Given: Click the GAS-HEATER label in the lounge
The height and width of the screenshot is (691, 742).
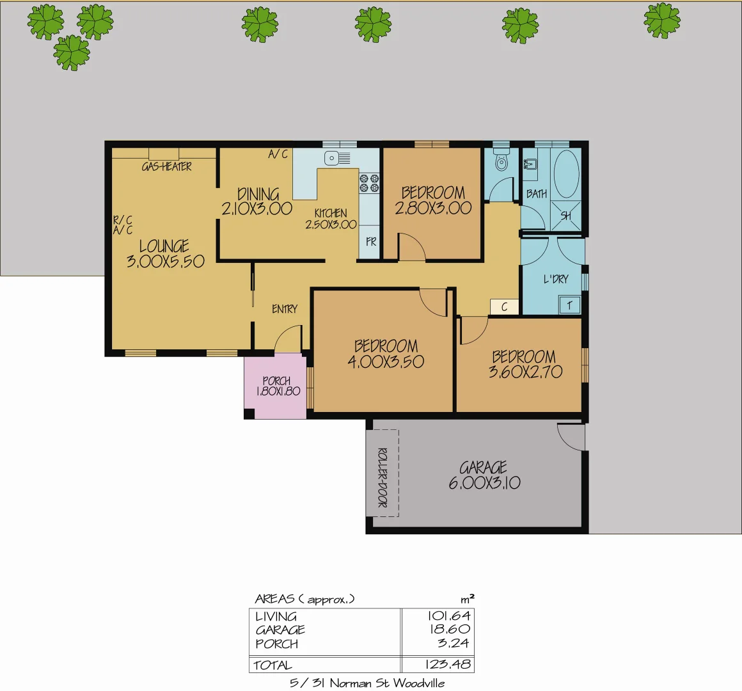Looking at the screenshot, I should (x=166, y=166).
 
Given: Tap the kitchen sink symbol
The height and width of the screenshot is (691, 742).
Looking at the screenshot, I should (x=337, y=158).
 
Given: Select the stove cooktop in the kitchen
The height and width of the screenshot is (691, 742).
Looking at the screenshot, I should (x=370, y=183).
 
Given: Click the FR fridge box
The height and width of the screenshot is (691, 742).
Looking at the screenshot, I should (x=371, y=242).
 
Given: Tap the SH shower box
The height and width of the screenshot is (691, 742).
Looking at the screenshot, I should (x=566, y=216).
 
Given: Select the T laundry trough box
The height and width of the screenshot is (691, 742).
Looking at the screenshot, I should (x=569, y=305).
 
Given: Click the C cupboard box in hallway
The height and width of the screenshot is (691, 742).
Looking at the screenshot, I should (x=504, y=307).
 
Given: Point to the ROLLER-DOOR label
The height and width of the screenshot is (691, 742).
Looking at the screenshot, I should (x=383, y=477).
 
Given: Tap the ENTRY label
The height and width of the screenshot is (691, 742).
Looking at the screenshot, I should (x=285, y=309).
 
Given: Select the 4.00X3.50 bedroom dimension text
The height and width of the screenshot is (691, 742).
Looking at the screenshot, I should (x=386, y=361).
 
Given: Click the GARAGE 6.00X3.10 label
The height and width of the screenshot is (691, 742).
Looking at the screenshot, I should (x=484, y=475).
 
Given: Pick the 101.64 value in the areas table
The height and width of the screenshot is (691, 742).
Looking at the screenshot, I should (x=449, y=616).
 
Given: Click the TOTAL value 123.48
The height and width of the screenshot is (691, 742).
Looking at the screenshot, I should (x=448, y=665).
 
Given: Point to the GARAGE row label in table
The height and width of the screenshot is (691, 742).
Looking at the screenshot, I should (x=280, y=630).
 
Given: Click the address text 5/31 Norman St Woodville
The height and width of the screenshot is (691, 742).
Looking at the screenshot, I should (x=367, y=683).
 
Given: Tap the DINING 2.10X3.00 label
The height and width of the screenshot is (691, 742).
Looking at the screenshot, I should (x=257, y=201).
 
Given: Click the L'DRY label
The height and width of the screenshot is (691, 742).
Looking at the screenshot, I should (x=555, y=279).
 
